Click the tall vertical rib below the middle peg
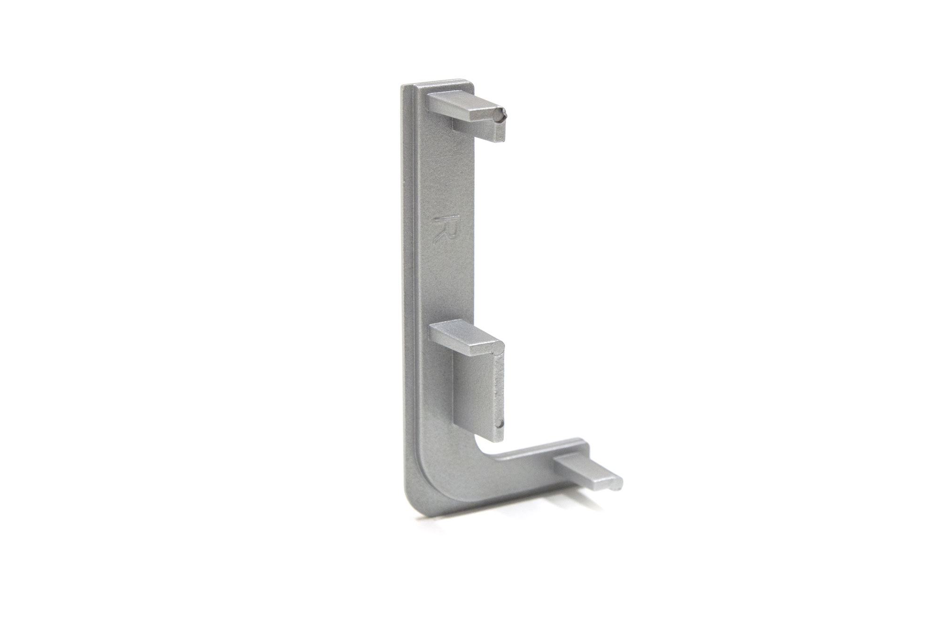point(477,394)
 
